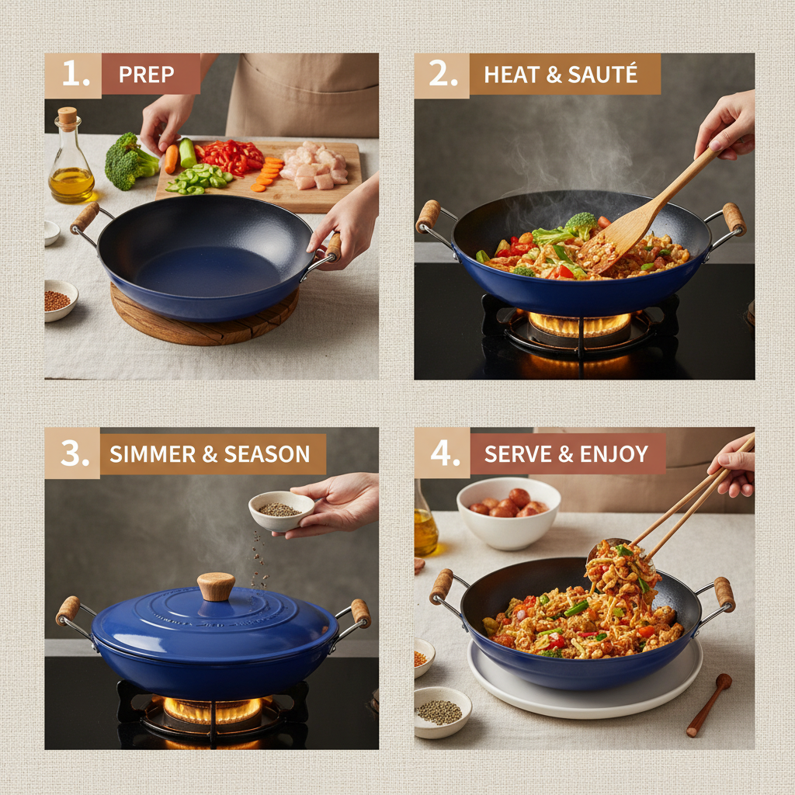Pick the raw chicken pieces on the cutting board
click(311, 165)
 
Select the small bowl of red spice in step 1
click(61, 300)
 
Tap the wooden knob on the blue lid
click(216, 585)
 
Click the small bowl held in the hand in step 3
click(280, 510)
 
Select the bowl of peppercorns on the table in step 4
click(442, 710)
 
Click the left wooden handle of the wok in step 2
click(428, 216)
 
